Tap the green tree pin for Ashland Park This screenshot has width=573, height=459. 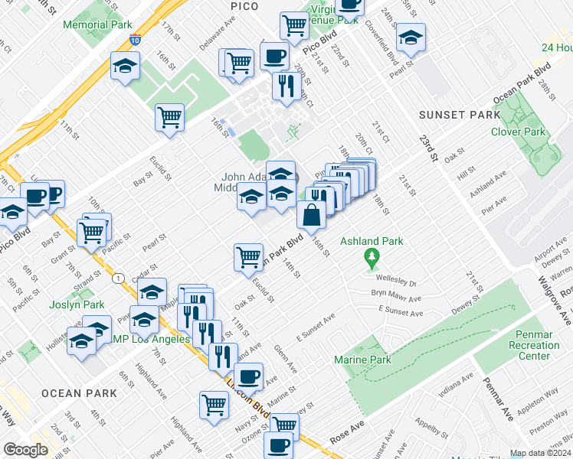point(372,256)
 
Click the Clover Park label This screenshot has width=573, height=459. point(518,132)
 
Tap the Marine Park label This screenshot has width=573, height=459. point(362,360)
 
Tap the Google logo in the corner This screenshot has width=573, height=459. point(25,450)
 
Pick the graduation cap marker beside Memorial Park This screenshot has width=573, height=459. point(124,67)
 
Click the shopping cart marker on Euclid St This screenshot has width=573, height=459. point(248,259)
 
